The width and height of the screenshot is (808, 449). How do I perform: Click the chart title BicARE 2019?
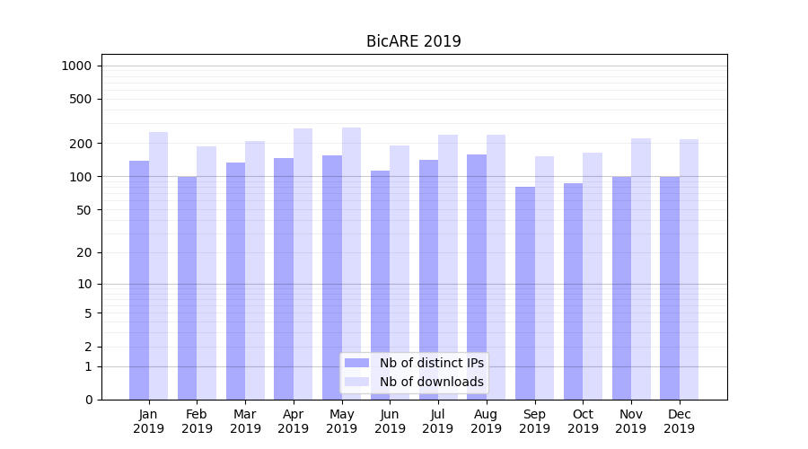(x=413, y=41)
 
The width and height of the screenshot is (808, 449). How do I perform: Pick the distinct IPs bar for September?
(x=525, y=293)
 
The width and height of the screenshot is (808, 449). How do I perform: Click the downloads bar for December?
(x=689, y=269)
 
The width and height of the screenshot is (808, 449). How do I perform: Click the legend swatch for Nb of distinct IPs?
(x=357, y=363)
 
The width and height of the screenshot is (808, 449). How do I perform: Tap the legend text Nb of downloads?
(x=432, y=382)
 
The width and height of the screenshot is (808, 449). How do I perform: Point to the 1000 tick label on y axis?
(x=76, y=66)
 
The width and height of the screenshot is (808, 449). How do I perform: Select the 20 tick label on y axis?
(x=84, y=252)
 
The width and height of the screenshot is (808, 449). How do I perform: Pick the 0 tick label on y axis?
(x=88, y=400)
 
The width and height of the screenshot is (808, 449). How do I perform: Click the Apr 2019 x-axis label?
(x=294, y=421)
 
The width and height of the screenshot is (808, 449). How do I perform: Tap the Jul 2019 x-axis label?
(x=438, y=421)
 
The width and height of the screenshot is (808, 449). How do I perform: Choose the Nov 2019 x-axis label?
(x=631, y=421)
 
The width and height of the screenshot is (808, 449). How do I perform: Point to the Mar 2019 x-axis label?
(x=245, y=421)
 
